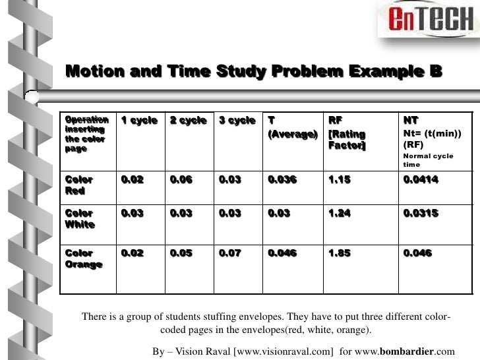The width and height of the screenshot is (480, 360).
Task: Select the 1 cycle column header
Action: (138, 121)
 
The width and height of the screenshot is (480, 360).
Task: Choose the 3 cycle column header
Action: (237, 121)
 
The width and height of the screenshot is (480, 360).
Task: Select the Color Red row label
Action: (78, 185)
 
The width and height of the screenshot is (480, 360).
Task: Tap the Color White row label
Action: (80, 219)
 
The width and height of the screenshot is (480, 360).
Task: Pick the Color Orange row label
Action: (83, 258)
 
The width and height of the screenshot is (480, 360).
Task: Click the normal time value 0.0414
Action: (421, 180)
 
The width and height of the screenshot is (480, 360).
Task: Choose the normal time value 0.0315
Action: (421, 214)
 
